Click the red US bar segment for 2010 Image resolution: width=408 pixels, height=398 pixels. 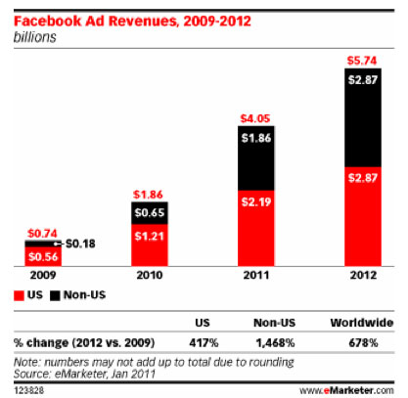(156, 243)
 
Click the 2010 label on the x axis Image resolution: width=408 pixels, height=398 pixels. (154, 276)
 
